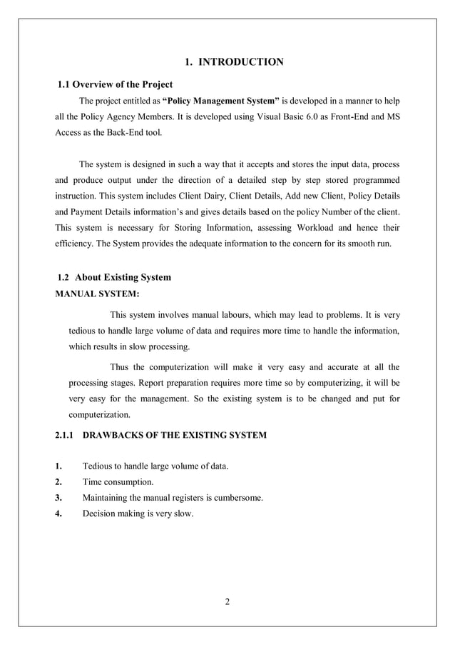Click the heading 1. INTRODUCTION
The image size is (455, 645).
coord(234,62)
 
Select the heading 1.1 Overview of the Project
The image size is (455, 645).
coord(115,84)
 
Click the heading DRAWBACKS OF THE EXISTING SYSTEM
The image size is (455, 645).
coord(175,435)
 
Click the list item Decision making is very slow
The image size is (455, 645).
coord(138,513)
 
